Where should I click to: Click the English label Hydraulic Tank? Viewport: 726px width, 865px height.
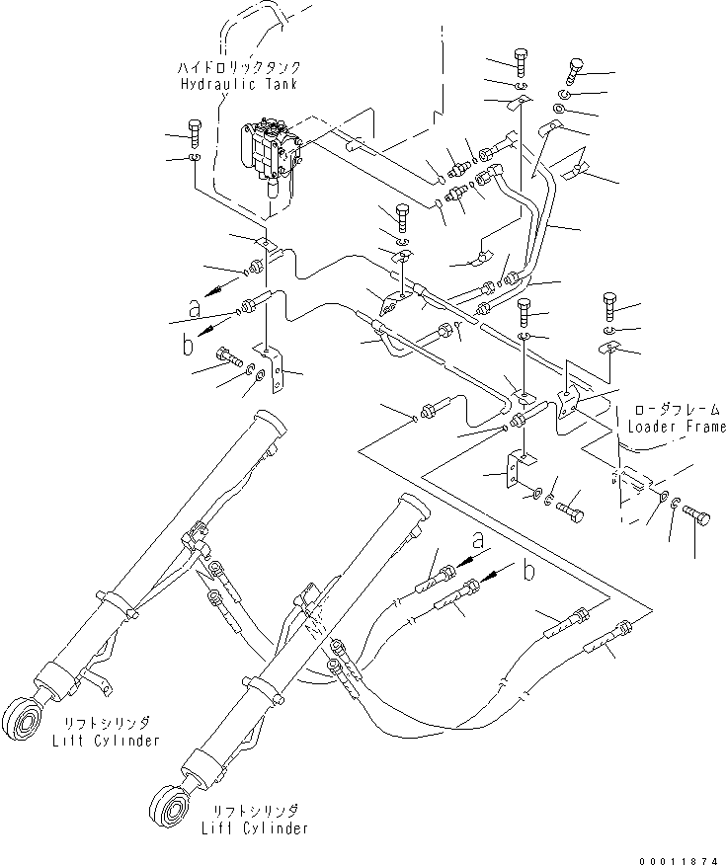[x=238, y=85]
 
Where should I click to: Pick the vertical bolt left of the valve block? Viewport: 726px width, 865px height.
[x=194, y=132]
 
